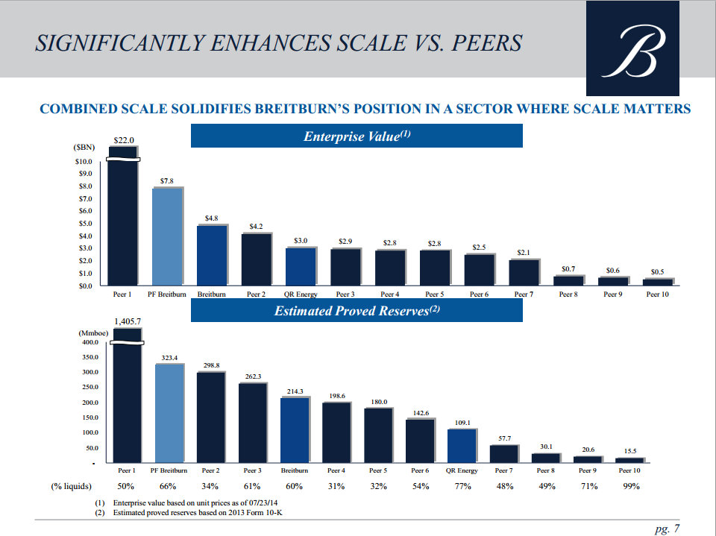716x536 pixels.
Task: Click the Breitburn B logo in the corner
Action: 632,48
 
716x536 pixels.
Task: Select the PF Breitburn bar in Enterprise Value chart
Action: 168,236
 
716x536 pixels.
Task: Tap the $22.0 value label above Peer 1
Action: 123,140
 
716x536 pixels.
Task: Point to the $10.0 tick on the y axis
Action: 84,162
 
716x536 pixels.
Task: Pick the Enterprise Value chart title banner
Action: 357,136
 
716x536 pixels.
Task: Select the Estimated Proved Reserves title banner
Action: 357,311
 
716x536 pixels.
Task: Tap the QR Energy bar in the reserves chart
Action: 462,446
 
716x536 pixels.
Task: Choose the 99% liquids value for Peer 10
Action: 631,487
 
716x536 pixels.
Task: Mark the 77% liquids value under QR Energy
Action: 462,487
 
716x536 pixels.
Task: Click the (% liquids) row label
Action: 71,487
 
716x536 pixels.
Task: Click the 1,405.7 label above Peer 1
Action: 128,321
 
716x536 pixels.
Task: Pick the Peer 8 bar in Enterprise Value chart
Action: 568,280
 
